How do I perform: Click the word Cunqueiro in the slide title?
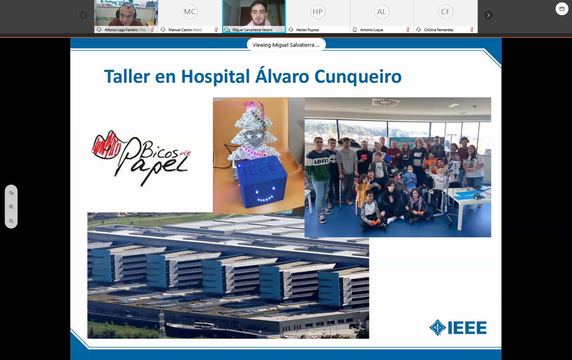tap(358, 77)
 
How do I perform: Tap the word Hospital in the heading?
tap(215, 77)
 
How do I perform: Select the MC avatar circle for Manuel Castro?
tap(190, 12)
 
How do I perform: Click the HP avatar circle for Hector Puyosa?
tap(318, 12)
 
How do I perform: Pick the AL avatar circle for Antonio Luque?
tap(381, 12)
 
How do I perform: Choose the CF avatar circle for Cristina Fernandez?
tap(446, 12)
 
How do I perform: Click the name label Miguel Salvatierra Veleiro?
tap(252, 30)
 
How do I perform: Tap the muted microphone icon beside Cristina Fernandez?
tap(472, 30)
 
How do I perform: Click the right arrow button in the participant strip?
tap(488, 15)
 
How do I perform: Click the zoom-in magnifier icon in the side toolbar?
tap(11, 207)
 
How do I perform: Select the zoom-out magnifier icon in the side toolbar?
tap(11, 221)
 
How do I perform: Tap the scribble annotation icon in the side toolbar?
tap(11, 193)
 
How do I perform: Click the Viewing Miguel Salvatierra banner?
tap(286, 45)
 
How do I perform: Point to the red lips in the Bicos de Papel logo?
tap(106, 145)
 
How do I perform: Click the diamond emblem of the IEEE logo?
tap(437, 327)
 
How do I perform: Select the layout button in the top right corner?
tap(562, 9)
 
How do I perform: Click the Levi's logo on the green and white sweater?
tap(321, 161)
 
